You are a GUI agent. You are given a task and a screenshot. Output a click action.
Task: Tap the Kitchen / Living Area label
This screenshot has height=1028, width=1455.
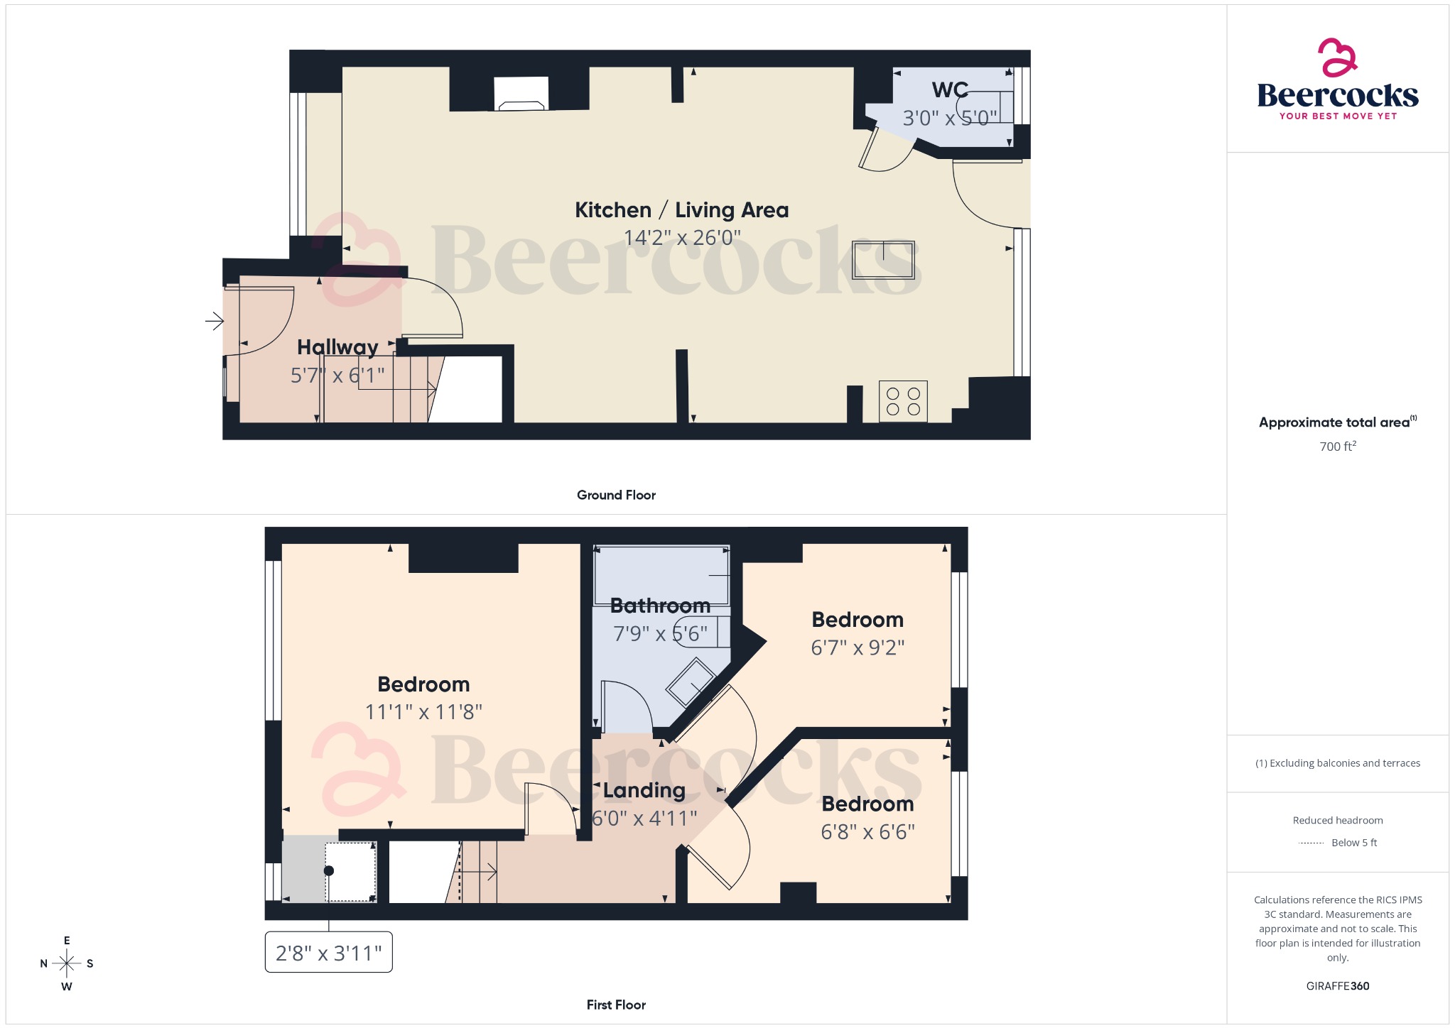coord(681,210)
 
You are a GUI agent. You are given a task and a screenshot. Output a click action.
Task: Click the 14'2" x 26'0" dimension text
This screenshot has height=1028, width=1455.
coord(681,237)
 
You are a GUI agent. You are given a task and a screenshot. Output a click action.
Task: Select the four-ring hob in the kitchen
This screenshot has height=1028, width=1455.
coord(903,402)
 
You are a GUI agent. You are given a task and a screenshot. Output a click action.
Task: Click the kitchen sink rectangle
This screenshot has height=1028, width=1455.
coord(883,260)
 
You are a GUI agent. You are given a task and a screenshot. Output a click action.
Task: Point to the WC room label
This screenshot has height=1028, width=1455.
coord(950,90)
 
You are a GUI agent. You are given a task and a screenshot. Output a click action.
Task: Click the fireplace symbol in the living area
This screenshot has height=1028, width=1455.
coord(521,94)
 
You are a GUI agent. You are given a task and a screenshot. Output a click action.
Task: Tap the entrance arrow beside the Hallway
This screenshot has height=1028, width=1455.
coord(215,322)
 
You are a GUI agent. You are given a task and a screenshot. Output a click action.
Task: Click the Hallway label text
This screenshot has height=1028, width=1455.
coord(337,347)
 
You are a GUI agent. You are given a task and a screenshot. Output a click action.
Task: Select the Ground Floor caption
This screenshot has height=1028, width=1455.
coord(616,495)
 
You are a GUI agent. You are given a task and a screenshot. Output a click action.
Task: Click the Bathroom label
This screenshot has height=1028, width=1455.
coord(660,606)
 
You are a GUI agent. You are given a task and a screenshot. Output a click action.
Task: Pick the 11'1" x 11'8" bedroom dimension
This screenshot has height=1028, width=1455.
coord(423,711)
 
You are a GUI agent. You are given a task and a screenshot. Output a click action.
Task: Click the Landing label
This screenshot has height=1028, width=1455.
coord(644,790)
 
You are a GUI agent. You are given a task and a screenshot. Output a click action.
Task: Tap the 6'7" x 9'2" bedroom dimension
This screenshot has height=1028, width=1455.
coord(858,647)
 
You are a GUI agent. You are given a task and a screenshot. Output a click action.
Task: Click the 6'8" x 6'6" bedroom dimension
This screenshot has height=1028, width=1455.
coord(867,831)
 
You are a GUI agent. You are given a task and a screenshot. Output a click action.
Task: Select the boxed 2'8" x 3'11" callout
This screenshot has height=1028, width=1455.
coord(328,953)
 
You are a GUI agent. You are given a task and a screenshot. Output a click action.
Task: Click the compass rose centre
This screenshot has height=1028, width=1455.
coord(67,963)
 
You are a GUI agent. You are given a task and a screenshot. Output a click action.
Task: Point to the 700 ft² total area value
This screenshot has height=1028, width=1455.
coord(1337,447)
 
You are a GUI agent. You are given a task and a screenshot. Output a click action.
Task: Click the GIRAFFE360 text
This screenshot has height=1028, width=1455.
coord(1337,986)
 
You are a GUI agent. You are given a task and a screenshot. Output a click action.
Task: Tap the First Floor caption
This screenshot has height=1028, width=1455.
coord(616,1005)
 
